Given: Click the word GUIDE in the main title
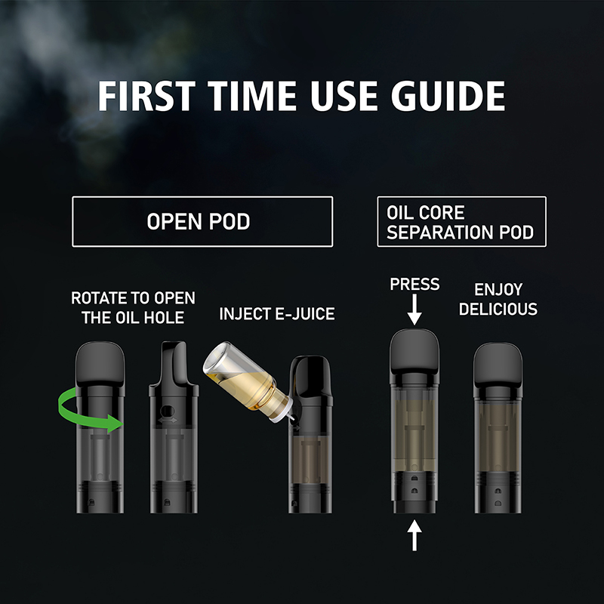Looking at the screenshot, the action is (x=448, y=96).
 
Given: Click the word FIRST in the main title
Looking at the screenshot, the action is (x=146, y=96).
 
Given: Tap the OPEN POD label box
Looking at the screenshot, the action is (x=202, y=221).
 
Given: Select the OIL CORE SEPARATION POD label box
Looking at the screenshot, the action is (x=461, y=221).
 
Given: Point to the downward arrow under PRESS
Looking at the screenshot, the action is (x=414, y=310).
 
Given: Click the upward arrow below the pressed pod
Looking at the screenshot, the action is (x=414, y=535).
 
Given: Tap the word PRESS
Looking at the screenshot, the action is (x=414, y=285).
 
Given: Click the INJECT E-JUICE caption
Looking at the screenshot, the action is (x=276, y=314).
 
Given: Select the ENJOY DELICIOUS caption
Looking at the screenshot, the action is (x=498, y=299).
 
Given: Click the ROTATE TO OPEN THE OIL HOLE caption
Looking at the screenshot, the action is (x=133, y=308).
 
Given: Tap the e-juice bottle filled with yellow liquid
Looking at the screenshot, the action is (x=247, y=381).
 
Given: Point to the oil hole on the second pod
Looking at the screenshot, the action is (x=167, y=411).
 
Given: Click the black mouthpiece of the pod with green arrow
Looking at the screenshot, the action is (x=100, y=363).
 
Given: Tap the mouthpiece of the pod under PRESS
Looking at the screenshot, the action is (x=414, y=351).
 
